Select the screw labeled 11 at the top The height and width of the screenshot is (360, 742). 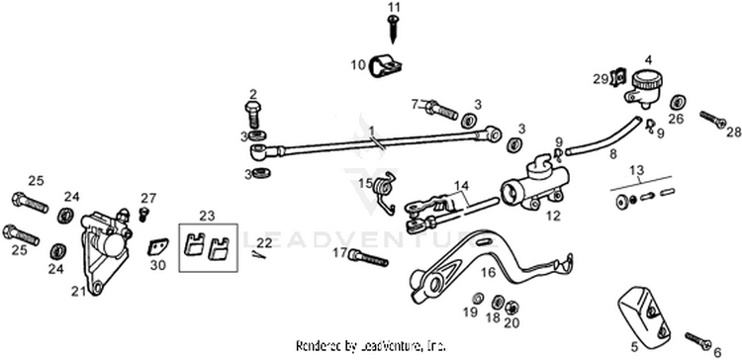pyautogui.click(x=393, y=30)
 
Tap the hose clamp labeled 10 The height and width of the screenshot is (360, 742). pyautogui.click(x=384, y=65)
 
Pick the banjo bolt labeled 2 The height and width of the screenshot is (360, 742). pyautogui.click(x=253, y=114)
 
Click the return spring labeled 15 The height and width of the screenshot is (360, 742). pyautogui.click(x=385, y=190)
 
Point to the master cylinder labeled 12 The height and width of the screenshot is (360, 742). pyautogui.click(x=534, y=186)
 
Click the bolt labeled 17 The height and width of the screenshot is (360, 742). pyautogui.click(x=368, y=258)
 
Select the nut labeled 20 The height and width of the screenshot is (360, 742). pyautogui.click(x=511, y=308)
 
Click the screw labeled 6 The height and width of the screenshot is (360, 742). pyautogui.click(x=698, y=340)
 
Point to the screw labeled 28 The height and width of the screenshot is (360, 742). pyautogui.click(x=713, y=120)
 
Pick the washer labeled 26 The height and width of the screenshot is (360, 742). pyautogui.click(x=679, y=102)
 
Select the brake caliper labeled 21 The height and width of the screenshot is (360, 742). pyautogui.click(x=105, y=250)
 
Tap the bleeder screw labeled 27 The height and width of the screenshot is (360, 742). pyautogui.click(x=143, y=215)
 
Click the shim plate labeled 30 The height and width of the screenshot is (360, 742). pyautogui.click(x=156, y=246)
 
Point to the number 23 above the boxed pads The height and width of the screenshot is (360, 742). pyautogui.click(x=207, y=216)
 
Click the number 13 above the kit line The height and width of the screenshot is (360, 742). pyautogui.click(x=636, y=170)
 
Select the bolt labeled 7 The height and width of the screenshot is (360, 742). pyautogui.click(x=441, y=111)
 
